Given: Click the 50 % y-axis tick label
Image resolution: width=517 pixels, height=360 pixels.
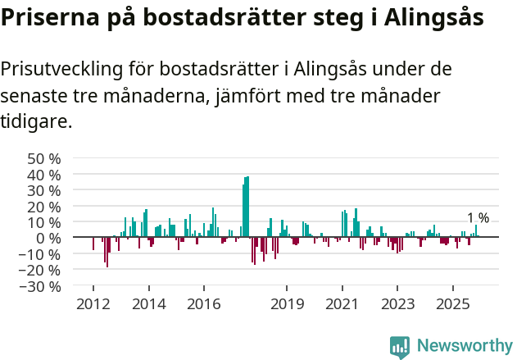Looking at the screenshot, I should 44,158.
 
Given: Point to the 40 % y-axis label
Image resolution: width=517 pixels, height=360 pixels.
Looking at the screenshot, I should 44,175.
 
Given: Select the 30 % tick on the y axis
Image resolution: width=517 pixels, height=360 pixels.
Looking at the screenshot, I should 44,190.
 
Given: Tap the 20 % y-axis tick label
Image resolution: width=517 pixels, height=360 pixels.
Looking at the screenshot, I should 44,207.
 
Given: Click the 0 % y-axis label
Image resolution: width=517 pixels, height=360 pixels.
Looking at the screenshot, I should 48,239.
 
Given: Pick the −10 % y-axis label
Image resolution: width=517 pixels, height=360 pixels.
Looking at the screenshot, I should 40,254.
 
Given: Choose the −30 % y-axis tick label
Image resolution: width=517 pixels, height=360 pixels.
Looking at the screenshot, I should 40,286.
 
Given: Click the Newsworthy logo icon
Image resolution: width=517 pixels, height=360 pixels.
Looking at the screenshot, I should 400,347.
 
